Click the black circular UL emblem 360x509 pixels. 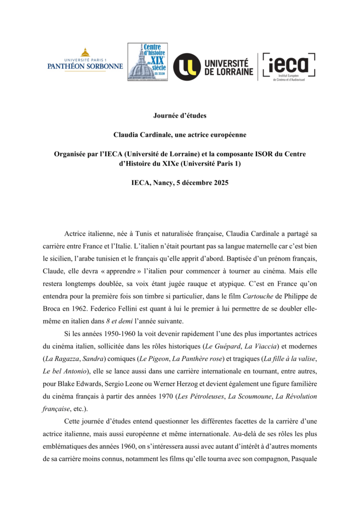187,67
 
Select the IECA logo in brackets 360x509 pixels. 289,67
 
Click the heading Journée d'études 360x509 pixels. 180,116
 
